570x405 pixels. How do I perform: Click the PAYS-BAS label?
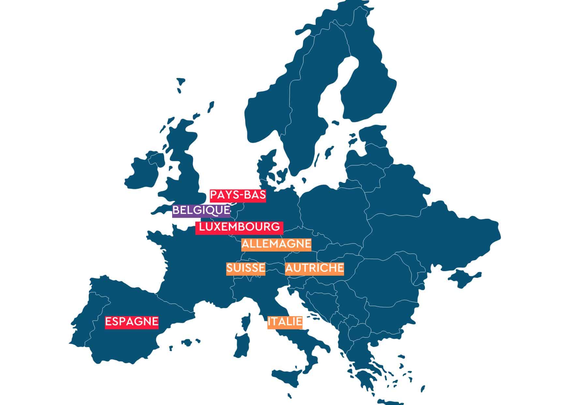tap(238, 196)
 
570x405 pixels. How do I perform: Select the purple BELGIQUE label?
tap(201, 211)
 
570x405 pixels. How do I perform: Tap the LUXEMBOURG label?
tap(239, 227)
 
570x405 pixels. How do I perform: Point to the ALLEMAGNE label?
tap(276, 244)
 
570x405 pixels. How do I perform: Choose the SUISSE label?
tap(246, 268)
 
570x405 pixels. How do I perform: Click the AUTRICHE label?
tap(314, 268)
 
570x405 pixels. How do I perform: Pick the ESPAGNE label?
tap(132, 322)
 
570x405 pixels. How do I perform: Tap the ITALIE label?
tap(285, 322)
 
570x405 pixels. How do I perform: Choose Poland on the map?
tap(333, 209)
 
